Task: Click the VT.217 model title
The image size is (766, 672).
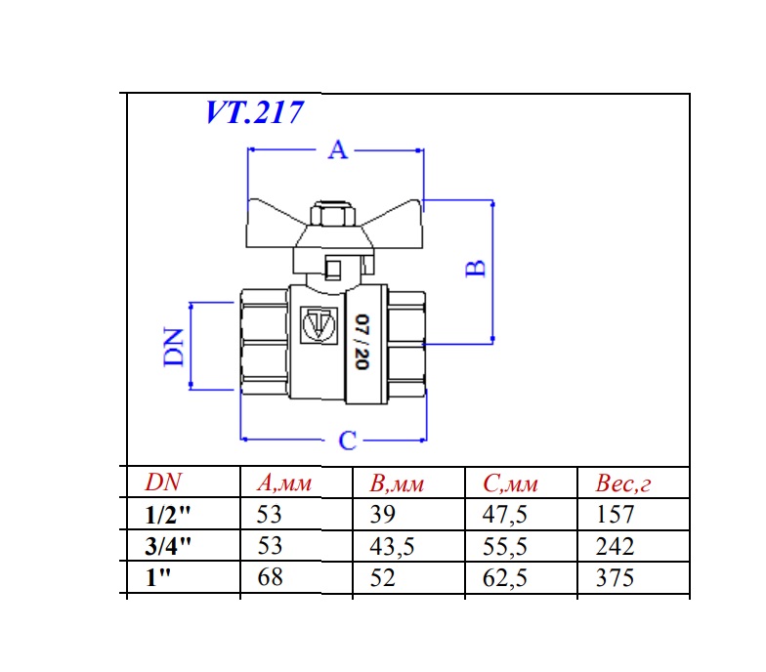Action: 254,112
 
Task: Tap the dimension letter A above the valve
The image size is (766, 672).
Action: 337,150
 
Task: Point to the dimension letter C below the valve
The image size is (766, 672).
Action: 348,441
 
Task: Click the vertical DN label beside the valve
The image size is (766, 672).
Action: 175,347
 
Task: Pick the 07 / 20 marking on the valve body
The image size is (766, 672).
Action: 361,342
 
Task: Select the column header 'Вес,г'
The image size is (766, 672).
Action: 621,483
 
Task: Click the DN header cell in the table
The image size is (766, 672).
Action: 163,483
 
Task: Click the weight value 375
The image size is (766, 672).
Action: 615,577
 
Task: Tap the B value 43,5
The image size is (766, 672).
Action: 393,546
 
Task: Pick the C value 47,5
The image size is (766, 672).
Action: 505,515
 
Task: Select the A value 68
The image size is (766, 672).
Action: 270,577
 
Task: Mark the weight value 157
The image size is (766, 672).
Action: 615,515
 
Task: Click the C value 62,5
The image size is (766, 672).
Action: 505,577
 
